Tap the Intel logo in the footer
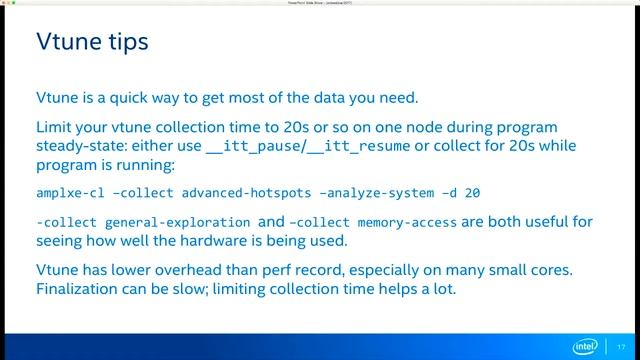point(584,346)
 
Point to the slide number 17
point(621,346)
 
